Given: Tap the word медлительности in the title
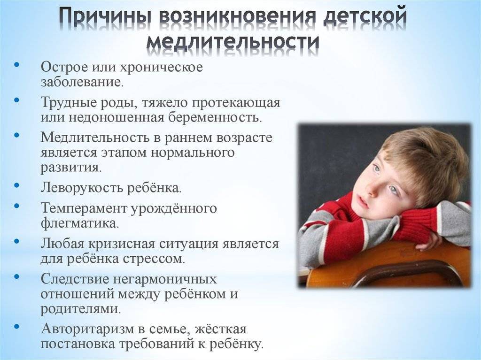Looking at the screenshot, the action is point(233,42).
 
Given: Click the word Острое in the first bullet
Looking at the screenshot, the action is point(64,67).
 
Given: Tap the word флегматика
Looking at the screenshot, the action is point(79,223).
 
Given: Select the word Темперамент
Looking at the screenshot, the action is point(84,208).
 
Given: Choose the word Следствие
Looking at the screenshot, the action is point(75,279).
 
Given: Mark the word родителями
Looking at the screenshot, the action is point(81,309).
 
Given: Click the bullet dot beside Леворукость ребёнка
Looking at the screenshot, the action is point(17,185).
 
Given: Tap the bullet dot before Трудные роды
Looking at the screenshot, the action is point(17,100).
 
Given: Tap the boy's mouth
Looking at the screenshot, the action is point(364,202).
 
